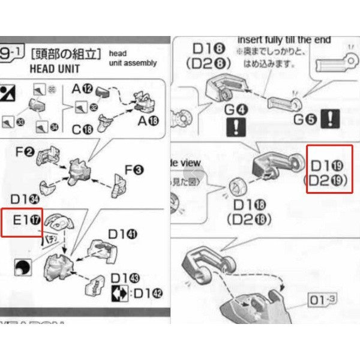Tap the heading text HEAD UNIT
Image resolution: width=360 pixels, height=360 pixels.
click(x=55, y=68)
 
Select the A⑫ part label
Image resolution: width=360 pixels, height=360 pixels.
click(x=82, y=89)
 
